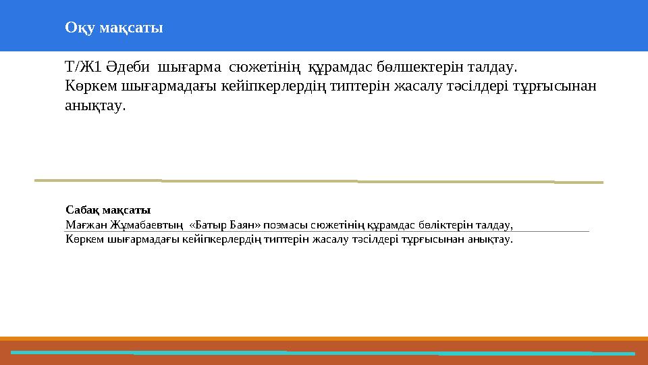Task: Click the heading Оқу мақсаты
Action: coord(113,28)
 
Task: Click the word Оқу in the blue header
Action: coord(80,28)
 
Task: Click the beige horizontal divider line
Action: coord(317,181)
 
